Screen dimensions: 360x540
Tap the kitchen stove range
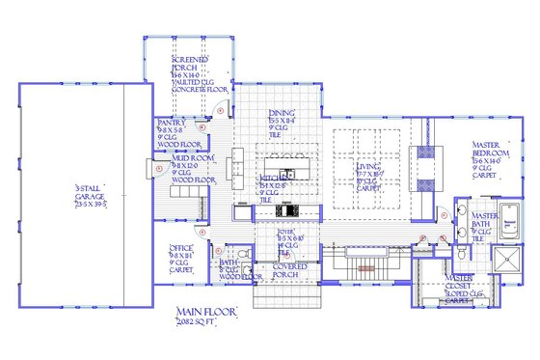[x=284, y=211]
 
